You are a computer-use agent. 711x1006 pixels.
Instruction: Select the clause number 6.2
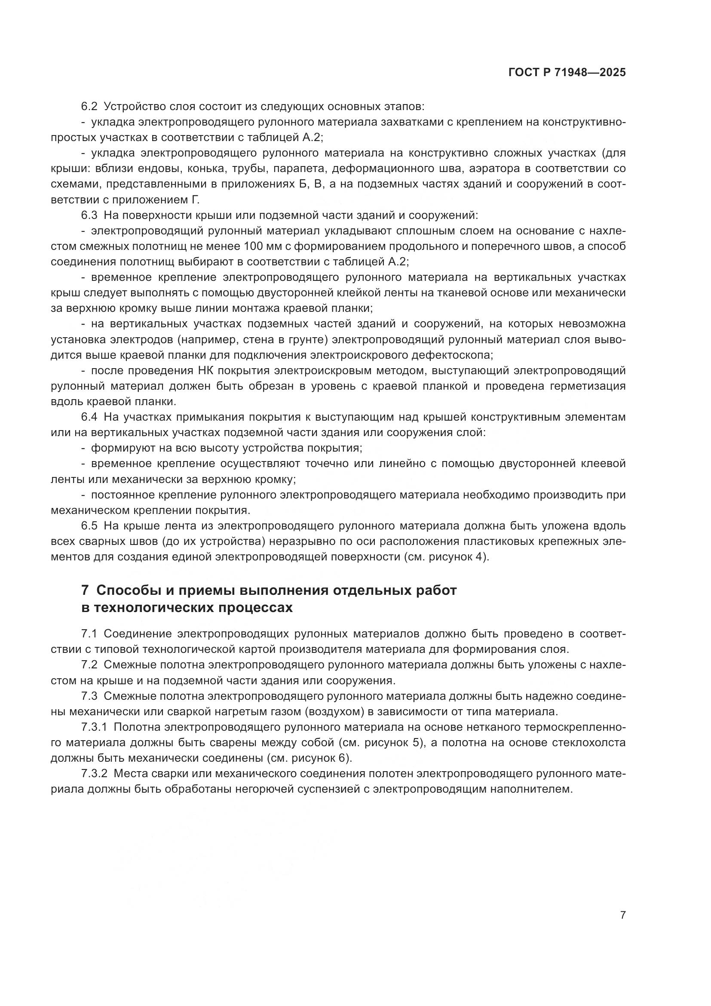point(89,107)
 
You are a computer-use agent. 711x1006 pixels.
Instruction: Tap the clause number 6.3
point(89,215)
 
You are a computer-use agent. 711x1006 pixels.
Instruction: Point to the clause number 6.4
point(89,417)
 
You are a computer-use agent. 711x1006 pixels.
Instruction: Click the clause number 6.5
point(89,525)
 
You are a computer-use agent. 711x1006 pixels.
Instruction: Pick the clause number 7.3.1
point(94,727)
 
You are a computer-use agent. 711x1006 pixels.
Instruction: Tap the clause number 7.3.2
point(94,773)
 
